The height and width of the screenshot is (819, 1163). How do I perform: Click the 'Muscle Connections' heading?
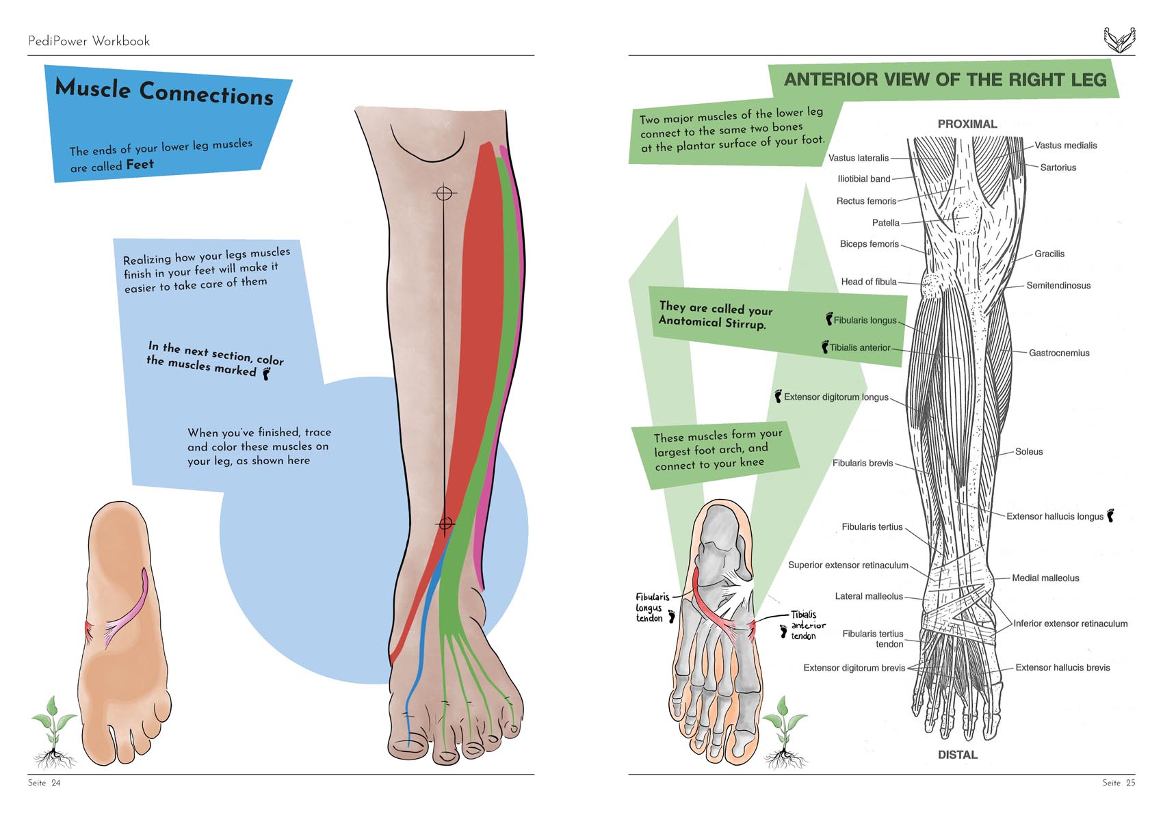[164, 92]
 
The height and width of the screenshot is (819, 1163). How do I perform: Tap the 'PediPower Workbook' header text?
[89, 41]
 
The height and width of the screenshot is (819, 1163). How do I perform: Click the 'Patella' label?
[885, 223]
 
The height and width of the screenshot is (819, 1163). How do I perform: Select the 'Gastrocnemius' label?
[1058, 353]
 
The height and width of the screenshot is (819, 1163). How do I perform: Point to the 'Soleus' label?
[1028, 451]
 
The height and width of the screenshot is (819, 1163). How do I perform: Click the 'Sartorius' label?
[1058, 167]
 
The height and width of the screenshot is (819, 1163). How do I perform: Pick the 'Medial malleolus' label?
[1045, 578]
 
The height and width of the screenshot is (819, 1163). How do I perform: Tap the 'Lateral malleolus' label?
[869, 596]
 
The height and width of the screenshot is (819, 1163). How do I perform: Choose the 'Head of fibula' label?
[868, 282]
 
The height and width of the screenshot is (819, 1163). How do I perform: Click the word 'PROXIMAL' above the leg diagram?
[967, 124]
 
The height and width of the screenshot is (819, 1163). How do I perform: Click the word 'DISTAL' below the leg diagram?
[957, 755]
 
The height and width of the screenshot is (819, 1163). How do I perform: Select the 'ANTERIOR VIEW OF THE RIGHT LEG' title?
[945, 80]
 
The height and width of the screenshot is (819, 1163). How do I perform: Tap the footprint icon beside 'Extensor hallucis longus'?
[1111, 515]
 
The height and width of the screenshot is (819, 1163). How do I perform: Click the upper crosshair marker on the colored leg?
[444, 193]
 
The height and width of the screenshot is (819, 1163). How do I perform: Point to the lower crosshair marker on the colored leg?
[445, 524]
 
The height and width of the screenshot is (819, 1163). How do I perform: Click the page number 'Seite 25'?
[1118, 783]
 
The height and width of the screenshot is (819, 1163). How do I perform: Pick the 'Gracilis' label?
[1049, 254]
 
